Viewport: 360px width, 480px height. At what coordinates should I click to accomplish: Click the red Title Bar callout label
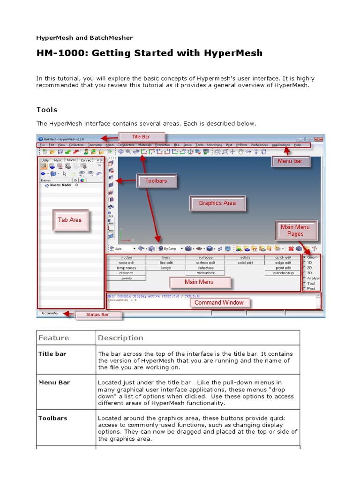[142, 137]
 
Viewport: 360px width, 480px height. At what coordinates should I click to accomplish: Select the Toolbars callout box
[156, 180]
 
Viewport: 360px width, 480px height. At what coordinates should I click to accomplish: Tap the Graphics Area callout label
[217, 203]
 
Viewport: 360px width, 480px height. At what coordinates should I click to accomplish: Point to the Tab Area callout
[70, 220]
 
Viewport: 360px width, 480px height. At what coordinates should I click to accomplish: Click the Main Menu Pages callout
[295, 230]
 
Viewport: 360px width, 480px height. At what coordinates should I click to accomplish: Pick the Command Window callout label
[219, 302]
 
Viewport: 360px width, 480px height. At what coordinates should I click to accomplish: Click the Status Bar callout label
[97, 315]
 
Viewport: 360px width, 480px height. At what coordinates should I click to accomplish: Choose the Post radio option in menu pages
[311, 289]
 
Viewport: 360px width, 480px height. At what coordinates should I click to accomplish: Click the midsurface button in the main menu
[205, 273]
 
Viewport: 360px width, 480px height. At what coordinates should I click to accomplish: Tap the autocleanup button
[283, 273]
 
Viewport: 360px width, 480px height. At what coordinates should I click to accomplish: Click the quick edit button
[283, 257]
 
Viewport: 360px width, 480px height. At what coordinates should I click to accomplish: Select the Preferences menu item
[259, 145]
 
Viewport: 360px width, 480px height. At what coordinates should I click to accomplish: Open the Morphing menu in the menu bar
[215, 145]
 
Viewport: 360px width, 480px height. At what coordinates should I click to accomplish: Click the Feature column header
[53, 338]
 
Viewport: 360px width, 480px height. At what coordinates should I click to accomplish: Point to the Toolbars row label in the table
[52, 418]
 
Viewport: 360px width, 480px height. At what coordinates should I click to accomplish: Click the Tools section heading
[47, 110]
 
